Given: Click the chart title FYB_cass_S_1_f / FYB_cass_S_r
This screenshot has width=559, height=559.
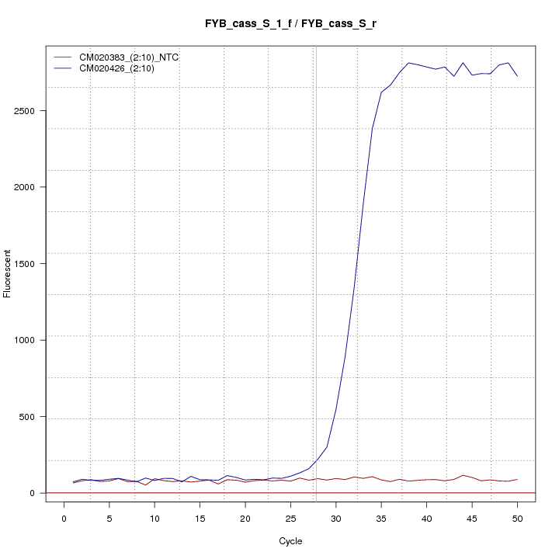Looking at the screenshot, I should (290, 24).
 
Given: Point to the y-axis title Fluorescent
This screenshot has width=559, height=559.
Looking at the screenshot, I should (9, 273).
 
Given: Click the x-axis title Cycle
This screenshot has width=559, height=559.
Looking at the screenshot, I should (290, 541).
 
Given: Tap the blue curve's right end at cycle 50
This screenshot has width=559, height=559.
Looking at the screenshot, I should (517, 76).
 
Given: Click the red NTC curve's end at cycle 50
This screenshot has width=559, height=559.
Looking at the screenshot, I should (517, 480).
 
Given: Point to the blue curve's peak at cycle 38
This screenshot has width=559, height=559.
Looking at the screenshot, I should (408, 63).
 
